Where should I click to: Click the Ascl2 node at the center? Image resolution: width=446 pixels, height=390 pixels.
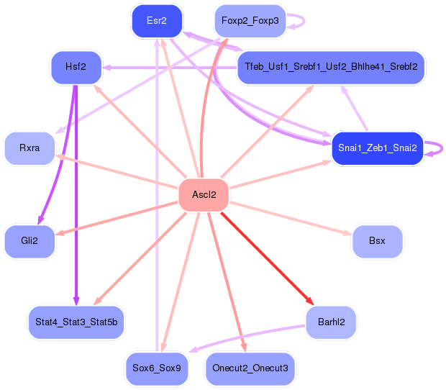tap(204, 195)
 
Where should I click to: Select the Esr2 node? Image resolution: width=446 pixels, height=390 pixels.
tap(157, 21)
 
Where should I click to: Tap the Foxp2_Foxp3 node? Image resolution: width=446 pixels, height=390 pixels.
tap(250, 21)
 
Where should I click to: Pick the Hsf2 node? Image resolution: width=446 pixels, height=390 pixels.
tap(76, 67)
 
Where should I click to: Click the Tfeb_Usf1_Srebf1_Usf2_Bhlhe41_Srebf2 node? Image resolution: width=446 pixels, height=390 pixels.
tap(331, 67)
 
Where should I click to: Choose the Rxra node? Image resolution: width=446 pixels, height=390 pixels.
tap(29, 148)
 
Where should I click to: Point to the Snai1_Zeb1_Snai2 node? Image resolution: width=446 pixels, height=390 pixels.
tap(378, 148)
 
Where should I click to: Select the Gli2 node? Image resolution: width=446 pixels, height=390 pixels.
tap(29, 241)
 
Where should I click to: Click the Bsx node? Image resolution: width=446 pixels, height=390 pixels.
tap(378, 241)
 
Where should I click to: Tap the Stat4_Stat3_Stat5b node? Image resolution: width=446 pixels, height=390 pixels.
tap(76, 322)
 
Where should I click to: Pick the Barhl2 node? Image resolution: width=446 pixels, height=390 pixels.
tap(331, 322)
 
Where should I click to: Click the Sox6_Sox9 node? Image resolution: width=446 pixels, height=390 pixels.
tap(157, 368)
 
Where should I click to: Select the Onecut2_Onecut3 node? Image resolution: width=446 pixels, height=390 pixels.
tap(250, 368)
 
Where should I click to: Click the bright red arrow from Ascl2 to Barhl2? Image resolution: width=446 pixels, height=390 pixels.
tap(267, 258)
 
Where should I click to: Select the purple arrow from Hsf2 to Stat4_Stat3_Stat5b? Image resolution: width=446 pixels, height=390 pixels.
tap(76, 195)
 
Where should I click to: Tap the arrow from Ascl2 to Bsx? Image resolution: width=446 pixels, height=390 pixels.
tap(291, 218)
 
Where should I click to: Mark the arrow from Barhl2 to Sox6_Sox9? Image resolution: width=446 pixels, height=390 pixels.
tap(247, 336)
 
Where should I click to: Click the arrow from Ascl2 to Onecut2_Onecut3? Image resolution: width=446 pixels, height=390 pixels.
tap(227, 282)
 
